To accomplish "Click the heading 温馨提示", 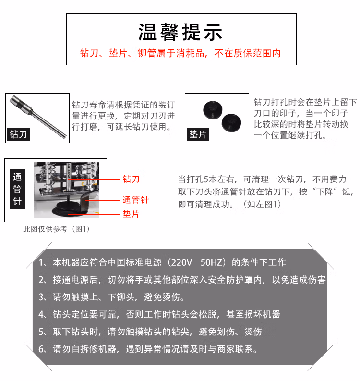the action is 180,32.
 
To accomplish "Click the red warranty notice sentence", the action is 180,53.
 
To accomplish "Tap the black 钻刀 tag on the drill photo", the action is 18,134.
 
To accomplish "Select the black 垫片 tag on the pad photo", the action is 198,134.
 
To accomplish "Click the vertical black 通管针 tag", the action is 17,189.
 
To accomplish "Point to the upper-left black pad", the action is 213,110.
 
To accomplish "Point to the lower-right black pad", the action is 231,123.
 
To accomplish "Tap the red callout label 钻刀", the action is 131,179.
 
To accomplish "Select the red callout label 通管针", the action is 135,200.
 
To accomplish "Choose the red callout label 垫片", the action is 131,214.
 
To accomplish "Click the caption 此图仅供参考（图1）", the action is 56,229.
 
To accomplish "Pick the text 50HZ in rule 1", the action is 211,262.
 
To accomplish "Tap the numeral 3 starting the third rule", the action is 41,297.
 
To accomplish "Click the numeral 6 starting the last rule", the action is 41,349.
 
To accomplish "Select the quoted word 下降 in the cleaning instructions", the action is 324,192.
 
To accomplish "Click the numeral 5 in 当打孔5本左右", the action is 206,179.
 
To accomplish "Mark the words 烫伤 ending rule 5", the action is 253,332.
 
